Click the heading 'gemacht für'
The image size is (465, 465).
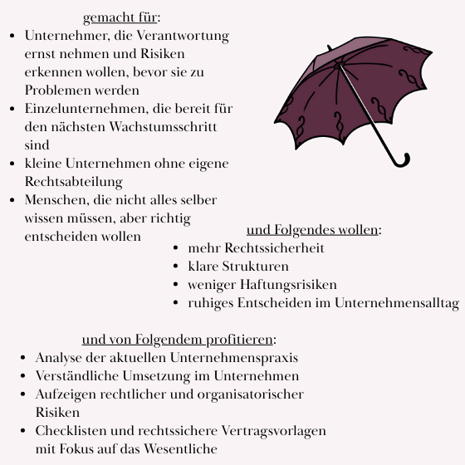pos(120,17)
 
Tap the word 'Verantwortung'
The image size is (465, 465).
pos(188,36)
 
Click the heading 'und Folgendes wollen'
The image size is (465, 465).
pos(312,230)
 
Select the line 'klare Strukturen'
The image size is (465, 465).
pos(238,267)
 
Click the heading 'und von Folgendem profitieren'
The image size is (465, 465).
pos(178,340)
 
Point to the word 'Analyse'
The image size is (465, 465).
pos(59,358)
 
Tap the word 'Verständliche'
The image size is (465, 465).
pos(77,376)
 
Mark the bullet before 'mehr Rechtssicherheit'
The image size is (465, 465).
pos(176,248)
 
